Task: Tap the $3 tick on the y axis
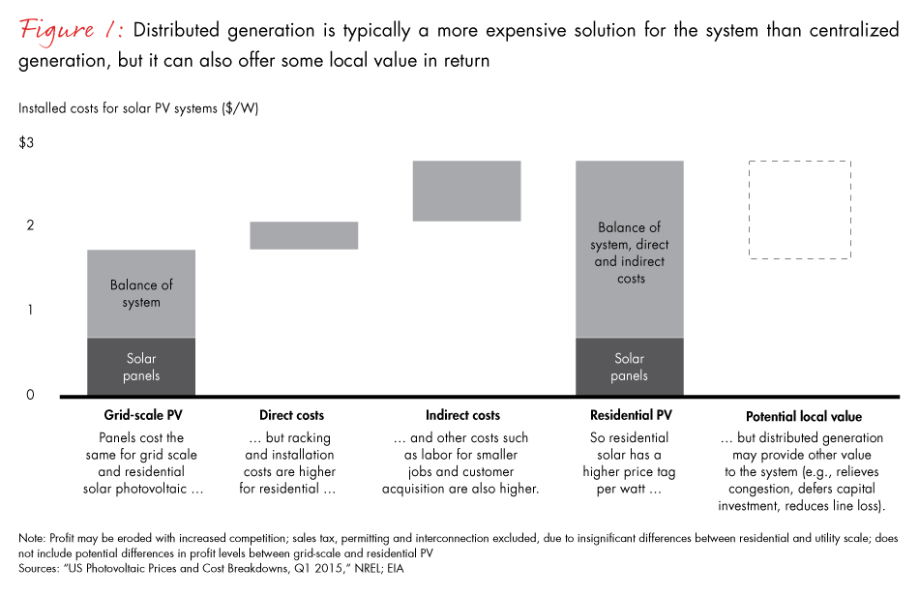[26, 143]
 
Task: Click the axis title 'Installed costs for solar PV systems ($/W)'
[138, 108]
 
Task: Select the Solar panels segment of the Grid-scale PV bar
[141, 367]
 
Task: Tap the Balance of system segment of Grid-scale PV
[141, 293]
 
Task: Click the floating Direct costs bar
[290, 235]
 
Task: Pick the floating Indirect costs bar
[467, 191]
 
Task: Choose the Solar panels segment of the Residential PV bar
[629, 367]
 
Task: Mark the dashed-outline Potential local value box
[799, 209]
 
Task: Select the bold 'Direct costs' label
[291, 416]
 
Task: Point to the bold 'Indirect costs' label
[462, 416]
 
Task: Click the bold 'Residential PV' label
[629, 416]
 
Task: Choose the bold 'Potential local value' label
[803, 417]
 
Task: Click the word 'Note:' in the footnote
[31, 536]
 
